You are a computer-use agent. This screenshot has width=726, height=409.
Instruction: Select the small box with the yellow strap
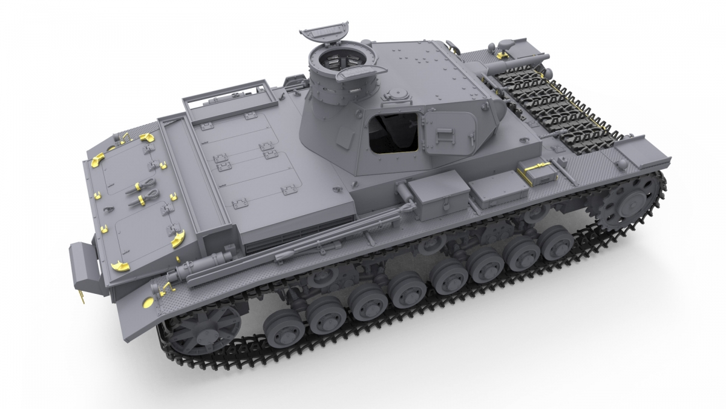click(x=538, y=171)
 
